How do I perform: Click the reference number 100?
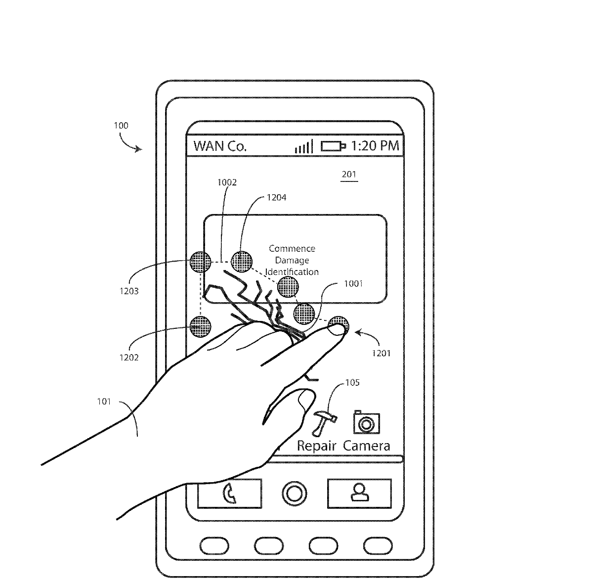121,126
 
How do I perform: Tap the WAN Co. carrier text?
220,146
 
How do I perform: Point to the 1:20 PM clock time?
375,145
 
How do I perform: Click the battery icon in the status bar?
333,146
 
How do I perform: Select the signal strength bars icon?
304,146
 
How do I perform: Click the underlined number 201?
349,175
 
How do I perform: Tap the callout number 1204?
277,197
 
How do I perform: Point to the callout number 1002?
227,182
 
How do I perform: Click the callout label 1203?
129,291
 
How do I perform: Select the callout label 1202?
129,358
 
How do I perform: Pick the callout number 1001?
353,284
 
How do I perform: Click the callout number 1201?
382,353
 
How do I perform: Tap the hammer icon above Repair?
325,423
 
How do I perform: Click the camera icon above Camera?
367,422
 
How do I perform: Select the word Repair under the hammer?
316,446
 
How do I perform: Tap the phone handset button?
229,494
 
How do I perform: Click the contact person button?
359,494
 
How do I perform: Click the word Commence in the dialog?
292,248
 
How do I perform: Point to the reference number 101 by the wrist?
104,402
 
